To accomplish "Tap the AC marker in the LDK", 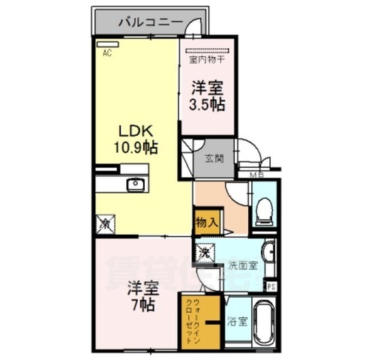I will click(x=106, y=53).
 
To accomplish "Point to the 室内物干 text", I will click(x=204, y=58).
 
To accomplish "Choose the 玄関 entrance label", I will click(x=213, y=158).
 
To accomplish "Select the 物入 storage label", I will click(x=206, y=222).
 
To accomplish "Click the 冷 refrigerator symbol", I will click(x=106, y=223).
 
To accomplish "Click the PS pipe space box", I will click(x=270, y=286).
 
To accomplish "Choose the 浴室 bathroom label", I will click(x=237, y=322).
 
